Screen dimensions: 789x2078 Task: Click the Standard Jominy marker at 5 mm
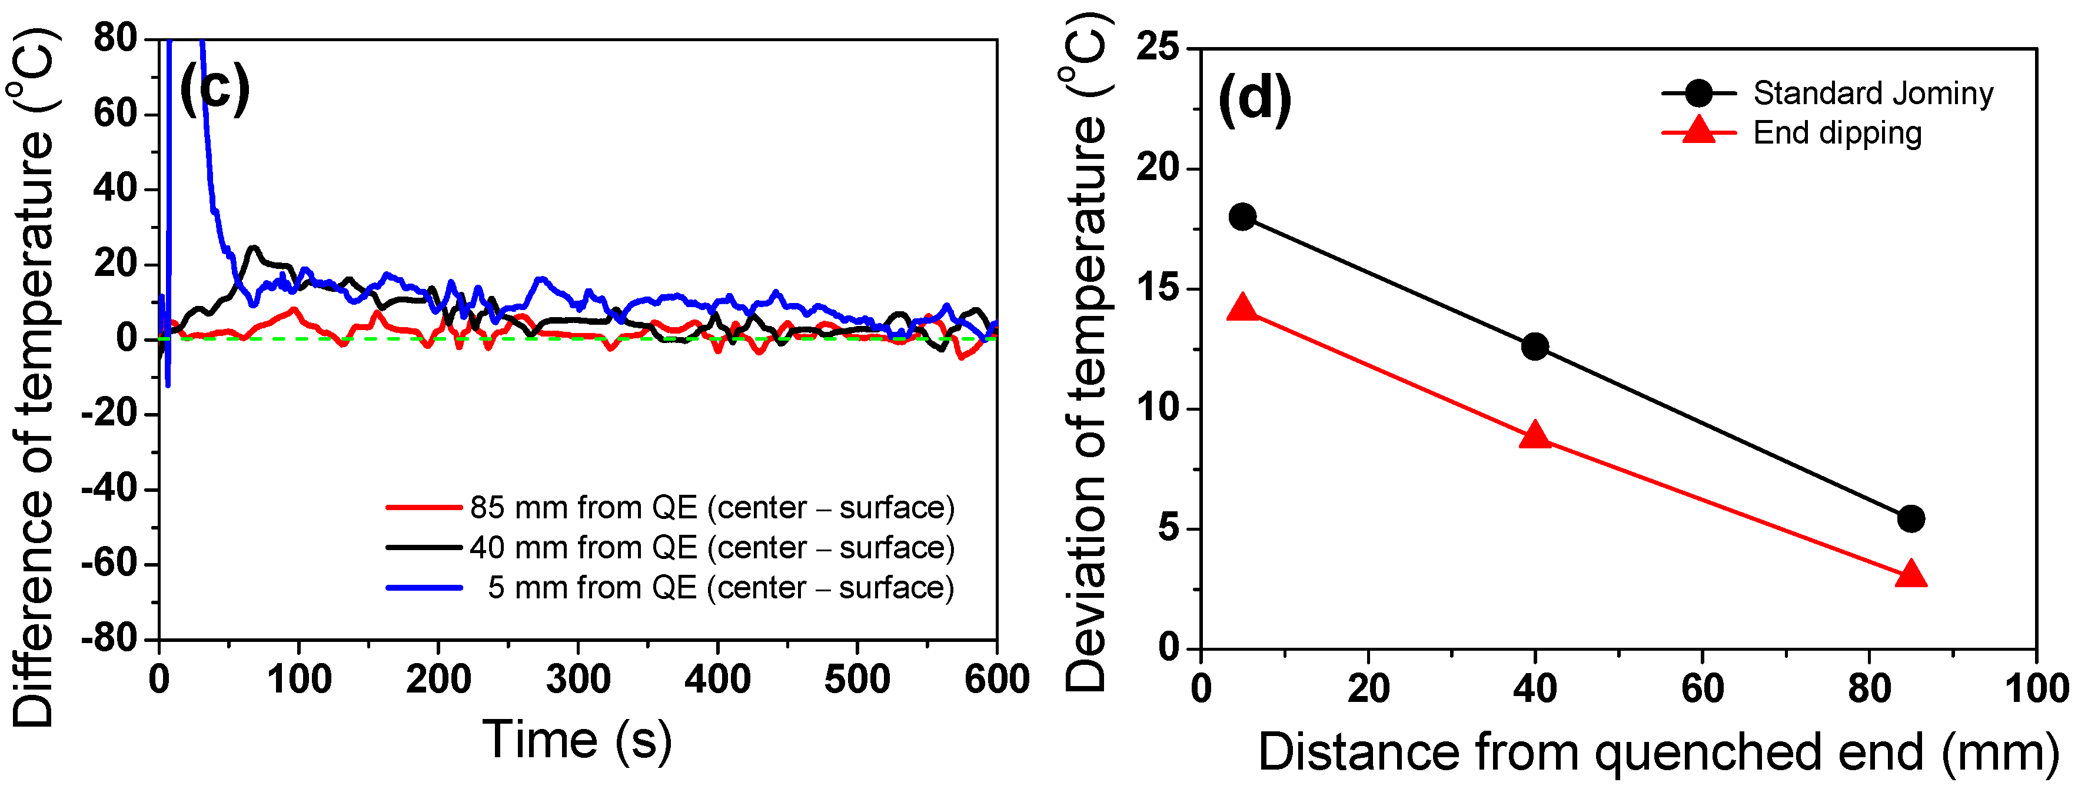(x=1242, y=217)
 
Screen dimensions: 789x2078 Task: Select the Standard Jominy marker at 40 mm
(x=1534, y=347)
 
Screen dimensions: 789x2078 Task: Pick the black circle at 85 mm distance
(x=1910, y=519)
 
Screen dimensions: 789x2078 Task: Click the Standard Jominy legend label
(x=1873, y=94)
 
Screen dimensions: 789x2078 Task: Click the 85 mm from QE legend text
(x=711, y=507)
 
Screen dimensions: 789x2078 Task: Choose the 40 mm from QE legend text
(x=711, y=548)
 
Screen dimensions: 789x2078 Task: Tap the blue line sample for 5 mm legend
(x=424, y=587)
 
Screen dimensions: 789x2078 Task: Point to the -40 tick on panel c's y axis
(x=113, y=489)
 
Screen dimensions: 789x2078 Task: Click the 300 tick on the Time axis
(x=577, y=680)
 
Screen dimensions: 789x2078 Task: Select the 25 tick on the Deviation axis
(x=1157, y=48)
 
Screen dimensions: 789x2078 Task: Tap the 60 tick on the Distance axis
(x=1702, y=689)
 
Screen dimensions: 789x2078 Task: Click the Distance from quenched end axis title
(x=1658, y=752)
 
